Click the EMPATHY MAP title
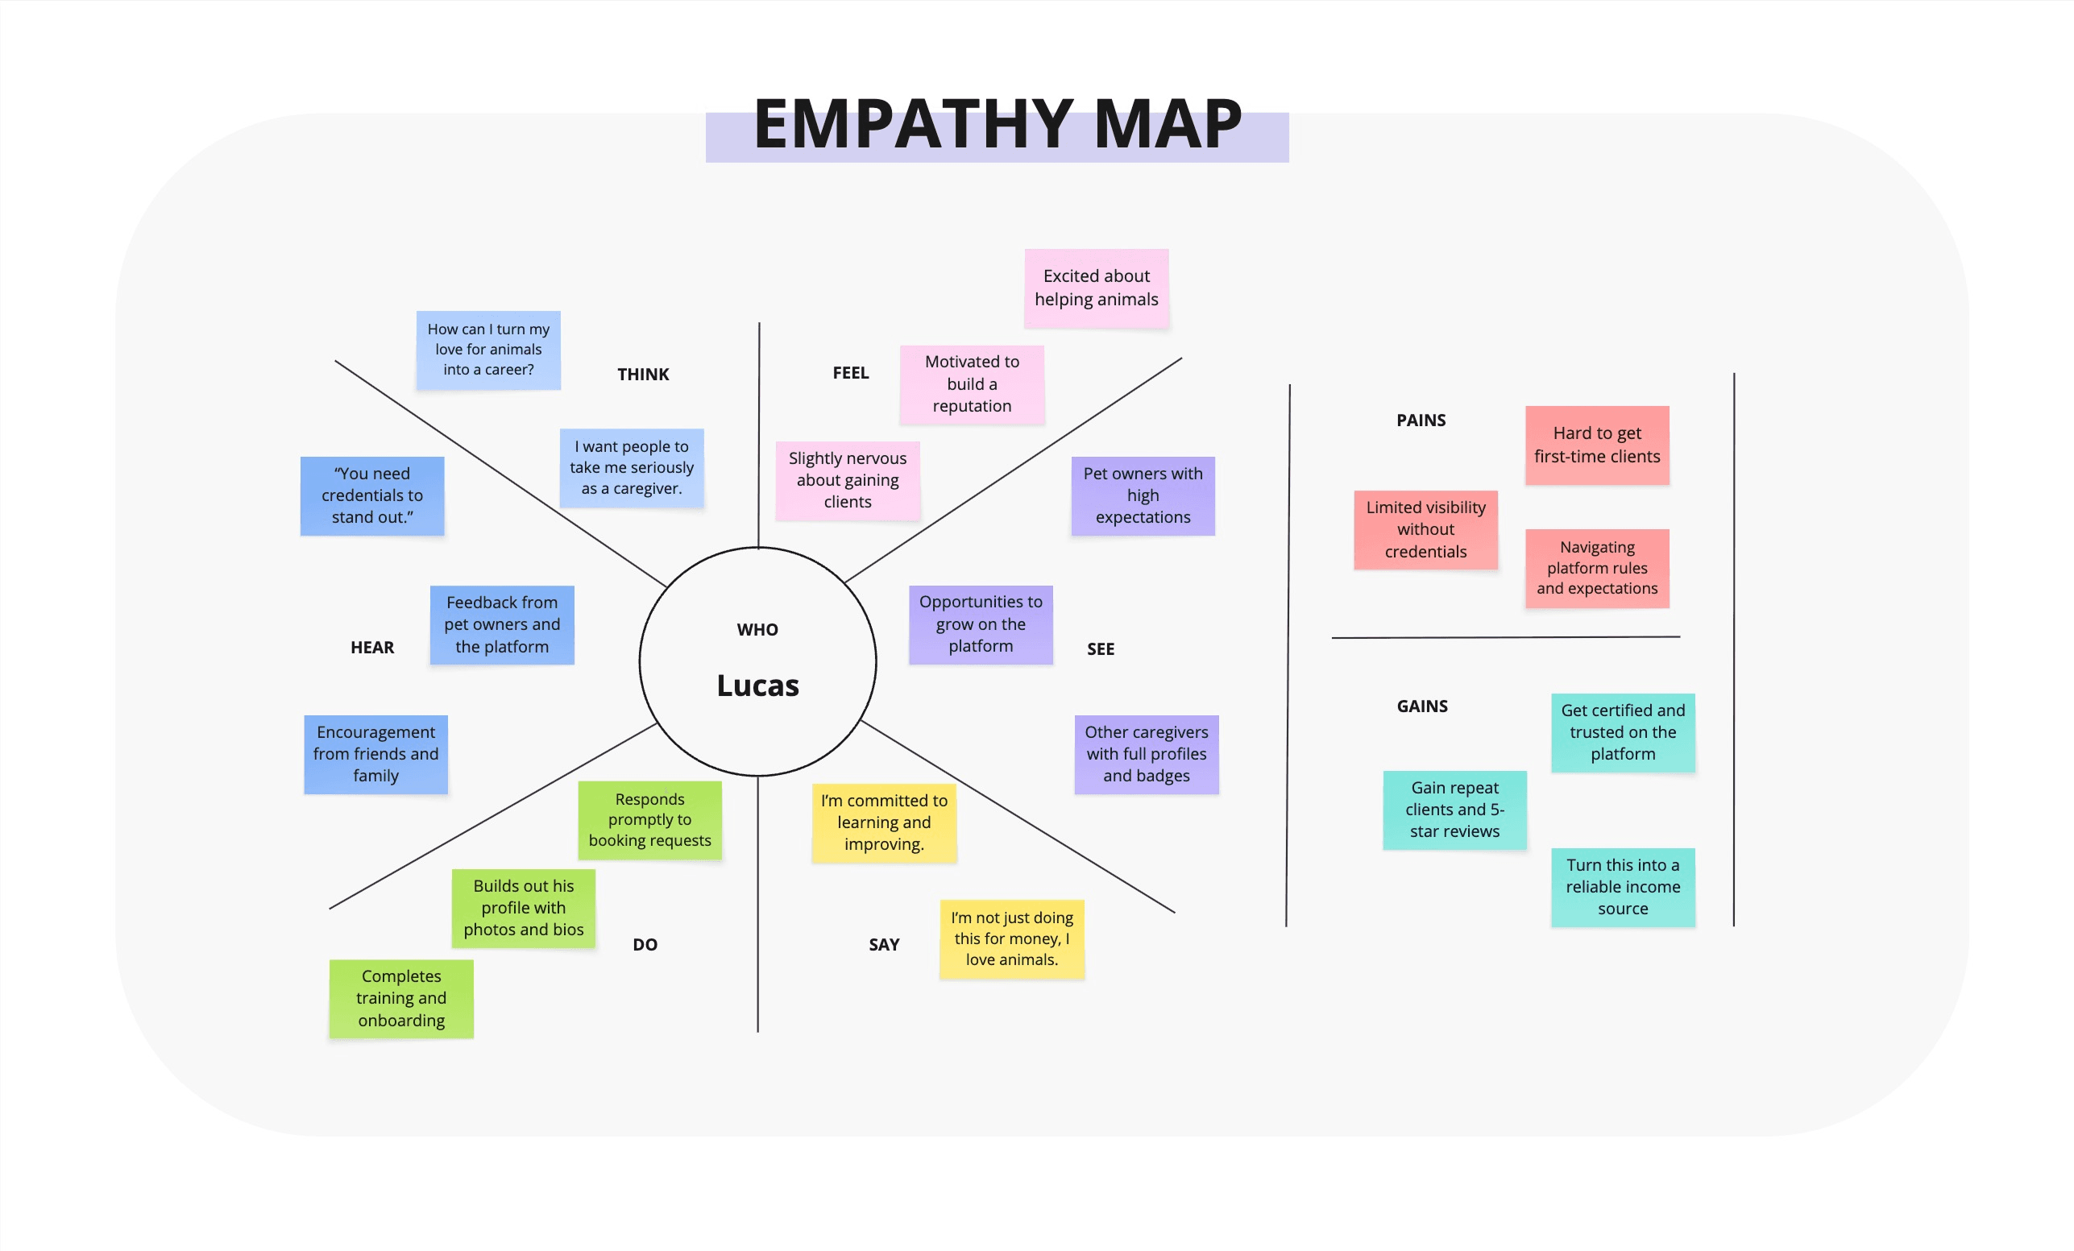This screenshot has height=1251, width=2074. (x=998, y=125)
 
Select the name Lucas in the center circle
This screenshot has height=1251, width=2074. (x=757, y=686)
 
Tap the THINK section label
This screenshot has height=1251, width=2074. (x=643, y=375)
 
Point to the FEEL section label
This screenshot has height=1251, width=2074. (x=850, y=373)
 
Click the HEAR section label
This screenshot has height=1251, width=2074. (x=372, y=647)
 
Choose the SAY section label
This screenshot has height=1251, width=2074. (x=884, y=945)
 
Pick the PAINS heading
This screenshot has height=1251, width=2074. (x=1421, y=420)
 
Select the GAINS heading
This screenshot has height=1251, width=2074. (x=1422, y=706)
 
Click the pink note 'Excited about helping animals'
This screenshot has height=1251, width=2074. (x=1096, y=288)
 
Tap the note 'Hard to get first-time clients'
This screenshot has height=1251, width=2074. (x=1597, y=445)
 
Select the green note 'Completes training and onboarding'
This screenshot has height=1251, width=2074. (x=401, y=999)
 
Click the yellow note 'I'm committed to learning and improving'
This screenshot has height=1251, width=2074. (x=884, y=822)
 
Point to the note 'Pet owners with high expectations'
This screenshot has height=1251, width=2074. (x=1143, y=495)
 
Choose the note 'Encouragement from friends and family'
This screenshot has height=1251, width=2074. (x=375, y=754)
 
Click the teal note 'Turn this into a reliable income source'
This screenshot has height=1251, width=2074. (x=1623, y=887)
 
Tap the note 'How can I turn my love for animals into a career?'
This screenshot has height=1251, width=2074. (x=488, y=350)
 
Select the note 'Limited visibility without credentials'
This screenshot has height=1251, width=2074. (x=1425, y=529)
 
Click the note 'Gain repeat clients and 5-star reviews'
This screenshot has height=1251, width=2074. (x=1454, y=810)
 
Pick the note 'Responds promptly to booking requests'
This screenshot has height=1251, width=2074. (x=649, y=820)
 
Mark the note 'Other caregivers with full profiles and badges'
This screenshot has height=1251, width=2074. (x=1147, y=754)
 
